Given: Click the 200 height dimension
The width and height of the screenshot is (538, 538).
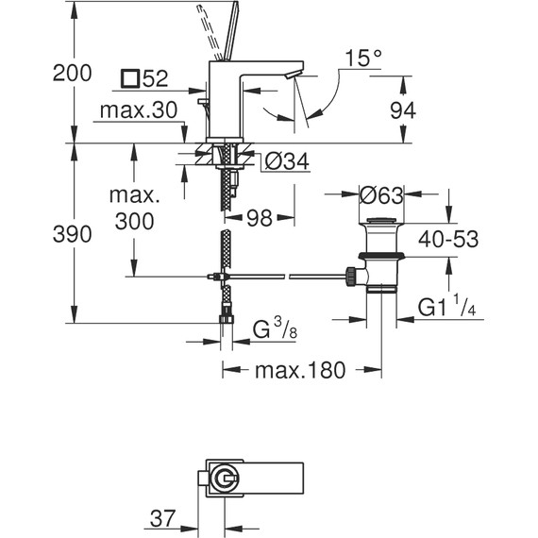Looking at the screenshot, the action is click(72, 73).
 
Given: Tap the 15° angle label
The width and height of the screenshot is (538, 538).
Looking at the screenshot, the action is click(363, 59).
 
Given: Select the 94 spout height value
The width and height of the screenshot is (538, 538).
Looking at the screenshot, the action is click(403, 110).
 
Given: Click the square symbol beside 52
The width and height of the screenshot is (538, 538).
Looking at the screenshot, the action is click(130, 78).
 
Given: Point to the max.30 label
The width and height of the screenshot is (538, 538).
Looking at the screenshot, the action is click(139, 110).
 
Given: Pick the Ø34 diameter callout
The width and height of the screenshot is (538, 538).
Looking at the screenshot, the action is click(287, 160).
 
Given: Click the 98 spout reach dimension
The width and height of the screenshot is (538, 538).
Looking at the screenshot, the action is click(260, 217).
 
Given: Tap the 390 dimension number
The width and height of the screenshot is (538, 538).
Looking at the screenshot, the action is click(72, 234).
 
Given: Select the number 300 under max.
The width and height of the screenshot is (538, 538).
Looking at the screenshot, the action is click(134, 221).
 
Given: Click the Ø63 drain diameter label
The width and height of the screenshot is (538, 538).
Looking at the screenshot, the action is click(381, 195).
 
